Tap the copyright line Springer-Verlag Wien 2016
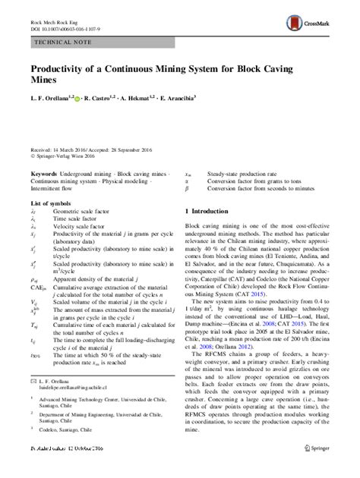pos(68,161)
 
